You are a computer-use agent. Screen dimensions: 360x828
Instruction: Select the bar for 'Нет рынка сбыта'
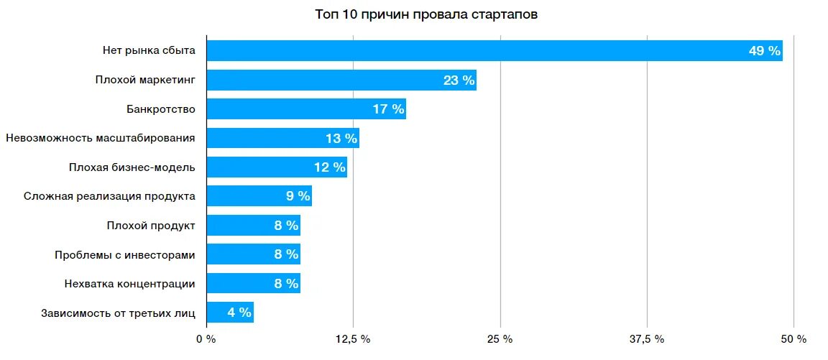click(474, 51)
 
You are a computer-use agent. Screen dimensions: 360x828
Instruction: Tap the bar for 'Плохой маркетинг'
click(323, 80)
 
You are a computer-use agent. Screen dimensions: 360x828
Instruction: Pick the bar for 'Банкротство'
click(287, 109)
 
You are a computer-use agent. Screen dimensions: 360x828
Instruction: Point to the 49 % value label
click(764, 51)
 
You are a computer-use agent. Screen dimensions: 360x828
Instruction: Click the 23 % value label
click(459, 80)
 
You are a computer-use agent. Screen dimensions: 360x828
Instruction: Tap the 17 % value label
click(388, 109)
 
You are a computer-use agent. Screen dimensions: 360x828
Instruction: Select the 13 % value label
click(341, 139)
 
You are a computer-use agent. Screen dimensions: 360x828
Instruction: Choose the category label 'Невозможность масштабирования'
click(100, 138)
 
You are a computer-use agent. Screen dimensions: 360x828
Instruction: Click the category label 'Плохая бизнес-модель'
click(132, 167)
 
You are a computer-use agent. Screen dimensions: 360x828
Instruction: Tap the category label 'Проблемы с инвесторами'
click(125, 254)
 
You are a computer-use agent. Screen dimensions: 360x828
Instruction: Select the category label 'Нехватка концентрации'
click(129, 284)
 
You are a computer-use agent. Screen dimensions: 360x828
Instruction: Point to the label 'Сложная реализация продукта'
click(109, 196)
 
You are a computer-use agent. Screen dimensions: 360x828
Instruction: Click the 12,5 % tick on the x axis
click(353, 339)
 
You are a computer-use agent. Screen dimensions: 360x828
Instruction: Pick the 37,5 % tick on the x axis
click(647, 339)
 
